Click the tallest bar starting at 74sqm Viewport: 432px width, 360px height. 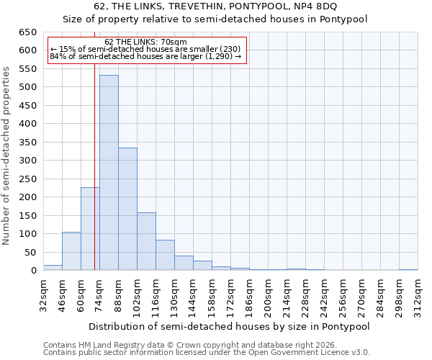[109, 173]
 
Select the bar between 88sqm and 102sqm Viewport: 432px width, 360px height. [127, 209]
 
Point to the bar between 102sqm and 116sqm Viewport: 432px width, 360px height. [146, 241]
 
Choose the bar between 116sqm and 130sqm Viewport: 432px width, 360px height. [165, 255]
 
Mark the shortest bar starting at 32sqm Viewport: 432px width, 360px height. [53, 267]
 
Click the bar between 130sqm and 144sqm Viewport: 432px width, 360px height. [184, 263]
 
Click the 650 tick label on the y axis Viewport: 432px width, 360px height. [27, 32]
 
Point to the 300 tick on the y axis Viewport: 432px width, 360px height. [27, 161]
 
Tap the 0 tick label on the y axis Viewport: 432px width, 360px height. [33, 271]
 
